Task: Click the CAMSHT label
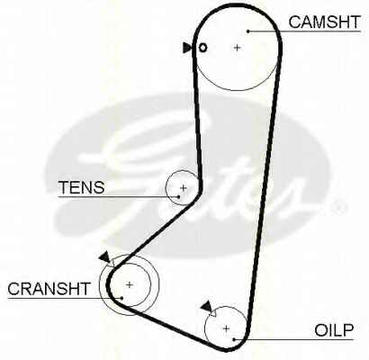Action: click(x=324, y=22)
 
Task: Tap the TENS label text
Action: click(x=82, y=187)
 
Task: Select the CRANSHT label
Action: click(x=49, y=289)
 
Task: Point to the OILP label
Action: click(x=334, y=330)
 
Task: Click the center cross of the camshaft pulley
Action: click(x=238, y=48)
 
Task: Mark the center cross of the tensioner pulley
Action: click(x=184, y=188)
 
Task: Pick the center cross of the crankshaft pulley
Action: click(x=130, y=284)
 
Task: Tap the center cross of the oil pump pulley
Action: click(x=226, y=328)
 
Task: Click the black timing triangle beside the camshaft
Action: click(x=186, y=48)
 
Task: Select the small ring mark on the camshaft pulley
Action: click(x=203, y=48)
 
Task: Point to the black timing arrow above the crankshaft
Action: click(x=104, y=257)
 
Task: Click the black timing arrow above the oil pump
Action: click(x=207, y=306)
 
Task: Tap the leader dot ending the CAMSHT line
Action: click(x=248, y=31)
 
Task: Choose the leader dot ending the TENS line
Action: click(x=179, y=197)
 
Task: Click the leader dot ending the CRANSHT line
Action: click(x=121, y=298)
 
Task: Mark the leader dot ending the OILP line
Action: click(x=234, y=339)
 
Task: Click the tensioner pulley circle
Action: click(x=166, y=188)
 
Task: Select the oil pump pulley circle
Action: click(x=204, y=328)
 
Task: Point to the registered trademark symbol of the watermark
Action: click(x=339, y=207)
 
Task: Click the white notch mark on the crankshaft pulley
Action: click(x=111, y=263)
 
